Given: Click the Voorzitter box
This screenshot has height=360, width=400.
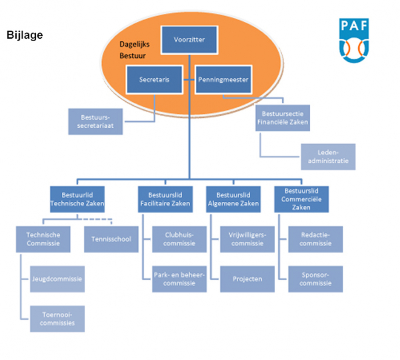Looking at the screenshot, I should point(189,40).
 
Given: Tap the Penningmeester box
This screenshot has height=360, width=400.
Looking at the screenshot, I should point(223,79).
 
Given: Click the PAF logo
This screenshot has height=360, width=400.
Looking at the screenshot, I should point(354,39).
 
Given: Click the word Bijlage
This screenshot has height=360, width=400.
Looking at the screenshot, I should point(25,35).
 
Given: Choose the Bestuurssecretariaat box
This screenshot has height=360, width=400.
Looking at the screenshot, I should point(96,121).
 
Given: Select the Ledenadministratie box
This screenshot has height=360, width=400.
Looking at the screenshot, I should point(328,157).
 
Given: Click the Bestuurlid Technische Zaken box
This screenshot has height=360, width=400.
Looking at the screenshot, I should point(77,199).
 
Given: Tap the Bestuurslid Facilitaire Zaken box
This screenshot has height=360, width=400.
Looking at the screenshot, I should point(165,199).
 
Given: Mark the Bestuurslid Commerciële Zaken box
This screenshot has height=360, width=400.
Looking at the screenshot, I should point(301,199).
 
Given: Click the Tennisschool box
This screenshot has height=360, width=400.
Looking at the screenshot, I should point(111,239).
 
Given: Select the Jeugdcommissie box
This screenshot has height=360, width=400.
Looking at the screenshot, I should point(57,279).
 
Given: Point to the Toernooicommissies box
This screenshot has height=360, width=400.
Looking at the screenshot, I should point(57,319).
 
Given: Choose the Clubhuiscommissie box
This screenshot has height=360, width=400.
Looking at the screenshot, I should point(179,239).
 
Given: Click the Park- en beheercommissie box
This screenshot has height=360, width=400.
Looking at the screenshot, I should point(179,279).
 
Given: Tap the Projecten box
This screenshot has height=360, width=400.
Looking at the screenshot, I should point(247,279).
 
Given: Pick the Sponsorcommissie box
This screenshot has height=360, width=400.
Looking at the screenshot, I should point(315,279).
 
